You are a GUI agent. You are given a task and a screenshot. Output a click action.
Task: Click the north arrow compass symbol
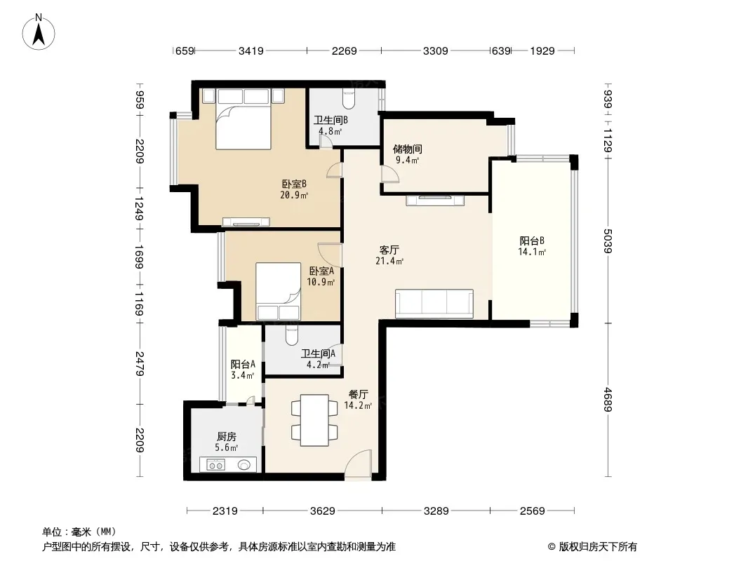pos(39,32)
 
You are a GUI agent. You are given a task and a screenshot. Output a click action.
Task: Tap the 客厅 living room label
pos(389,250)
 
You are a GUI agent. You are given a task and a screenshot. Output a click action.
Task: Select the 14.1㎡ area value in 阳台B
pos(532,252)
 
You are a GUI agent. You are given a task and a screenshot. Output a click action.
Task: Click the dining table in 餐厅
pos(314,420)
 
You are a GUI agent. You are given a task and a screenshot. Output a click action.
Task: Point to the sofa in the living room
pos(434,304)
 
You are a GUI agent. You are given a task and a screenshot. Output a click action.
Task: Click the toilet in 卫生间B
pos(349,98)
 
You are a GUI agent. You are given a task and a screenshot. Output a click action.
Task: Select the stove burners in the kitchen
pos(216,465)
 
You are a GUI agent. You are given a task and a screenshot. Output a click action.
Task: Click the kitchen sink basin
pos(244,465)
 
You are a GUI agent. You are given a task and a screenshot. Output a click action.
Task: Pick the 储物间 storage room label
pos(407,149)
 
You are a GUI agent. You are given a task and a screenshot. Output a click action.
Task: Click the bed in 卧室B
pos(243,119)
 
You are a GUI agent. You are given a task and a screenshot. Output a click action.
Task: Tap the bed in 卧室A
pos(278,291)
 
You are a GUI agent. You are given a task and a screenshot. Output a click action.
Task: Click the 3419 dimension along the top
pos(251,50)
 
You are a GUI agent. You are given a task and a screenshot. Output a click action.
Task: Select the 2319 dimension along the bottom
pos(225,511)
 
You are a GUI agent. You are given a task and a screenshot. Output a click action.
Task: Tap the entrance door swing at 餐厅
pos(358,464)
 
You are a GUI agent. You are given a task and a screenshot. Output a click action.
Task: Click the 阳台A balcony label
pos(243,365)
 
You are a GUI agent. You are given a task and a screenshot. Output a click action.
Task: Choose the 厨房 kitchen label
pos(226,437)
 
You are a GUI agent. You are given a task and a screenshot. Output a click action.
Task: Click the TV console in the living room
pos(435,200)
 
